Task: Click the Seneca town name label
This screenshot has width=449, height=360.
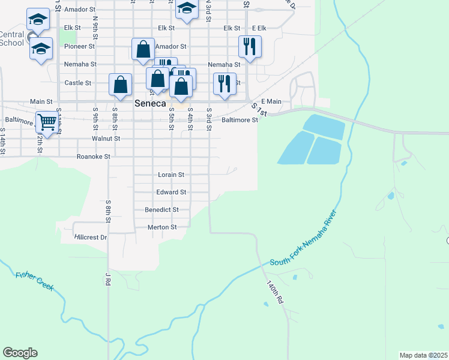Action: [x=149, y=103]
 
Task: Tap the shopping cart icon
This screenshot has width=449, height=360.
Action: [x=47, y=122]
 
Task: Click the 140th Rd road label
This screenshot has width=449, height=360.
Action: [x=275, y=292]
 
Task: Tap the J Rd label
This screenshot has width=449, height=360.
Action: [x=109, y=279]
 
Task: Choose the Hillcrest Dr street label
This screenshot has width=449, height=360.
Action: [x=91, y=237]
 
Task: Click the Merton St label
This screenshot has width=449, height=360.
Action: [x=162, y=227]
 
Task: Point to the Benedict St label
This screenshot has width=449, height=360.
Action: [x=161, y=210]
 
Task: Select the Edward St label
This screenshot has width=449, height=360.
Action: [x=171, y=192]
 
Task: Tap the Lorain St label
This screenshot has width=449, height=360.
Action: [x=170, y=175]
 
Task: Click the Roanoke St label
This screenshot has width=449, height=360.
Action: [x=94, y=157]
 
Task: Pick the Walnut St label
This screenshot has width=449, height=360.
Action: [x=106, y=139]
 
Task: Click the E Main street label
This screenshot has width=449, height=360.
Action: [x=271, y=102]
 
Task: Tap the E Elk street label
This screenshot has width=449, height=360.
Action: [x=259, y=28]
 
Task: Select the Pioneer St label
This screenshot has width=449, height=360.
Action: [x=80, y=46]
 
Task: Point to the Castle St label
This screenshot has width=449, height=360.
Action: [x=77, y=83]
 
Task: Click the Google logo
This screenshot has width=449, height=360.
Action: [x=20, y=353]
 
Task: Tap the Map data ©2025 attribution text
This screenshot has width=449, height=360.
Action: [x=424, y=355]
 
